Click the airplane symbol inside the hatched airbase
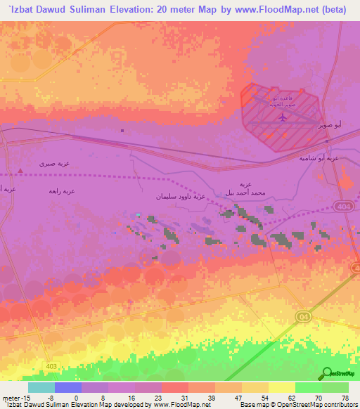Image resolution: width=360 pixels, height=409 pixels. coord(283,117)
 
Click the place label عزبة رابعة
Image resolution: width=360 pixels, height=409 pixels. coord(61,191)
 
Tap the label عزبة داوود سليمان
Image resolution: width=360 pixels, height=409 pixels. coord(180,197)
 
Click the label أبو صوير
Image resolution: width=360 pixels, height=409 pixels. coord(330,124)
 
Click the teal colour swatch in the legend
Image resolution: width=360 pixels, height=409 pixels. coord(41,387)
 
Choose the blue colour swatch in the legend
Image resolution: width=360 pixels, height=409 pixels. coord(68,387)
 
